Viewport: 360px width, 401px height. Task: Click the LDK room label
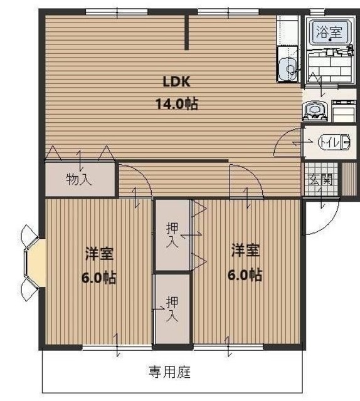pyautogui.click(x=176, y=82)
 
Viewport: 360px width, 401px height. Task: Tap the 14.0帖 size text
pyautogui.click(x=176, y=104)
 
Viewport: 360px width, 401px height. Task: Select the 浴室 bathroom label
pyautogui.click(x=329, y=32)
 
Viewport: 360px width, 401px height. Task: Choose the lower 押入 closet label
pyautogui.click(x=172, y=308)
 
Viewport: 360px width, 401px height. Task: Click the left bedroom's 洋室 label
pyautogui.click(x=100, y=254)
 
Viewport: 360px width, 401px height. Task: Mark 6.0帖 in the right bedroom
pyautogui.click(x=245, y=274)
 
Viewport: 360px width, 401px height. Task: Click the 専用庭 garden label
pyautogui.click(x=169, y=372)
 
